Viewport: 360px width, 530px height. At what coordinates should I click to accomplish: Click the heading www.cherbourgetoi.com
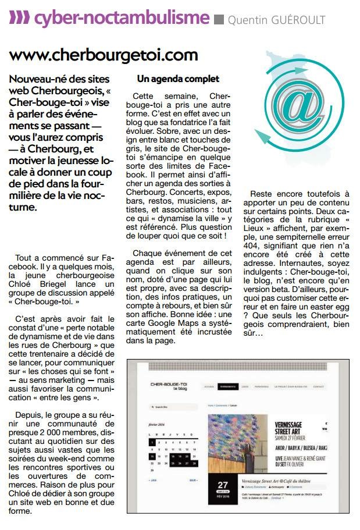(104, 55)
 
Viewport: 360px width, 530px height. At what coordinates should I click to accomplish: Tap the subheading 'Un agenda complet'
(178, 79)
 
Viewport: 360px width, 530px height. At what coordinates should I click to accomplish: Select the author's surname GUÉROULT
(297, 20)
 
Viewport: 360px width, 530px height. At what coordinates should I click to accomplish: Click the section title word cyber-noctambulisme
(120, 19)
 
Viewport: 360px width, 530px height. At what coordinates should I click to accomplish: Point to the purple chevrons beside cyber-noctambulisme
(19, 19)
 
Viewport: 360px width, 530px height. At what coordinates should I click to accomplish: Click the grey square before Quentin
(219, 20)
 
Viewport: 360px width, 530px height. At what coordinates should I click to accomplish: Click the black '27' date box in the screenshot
(222, 486)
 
